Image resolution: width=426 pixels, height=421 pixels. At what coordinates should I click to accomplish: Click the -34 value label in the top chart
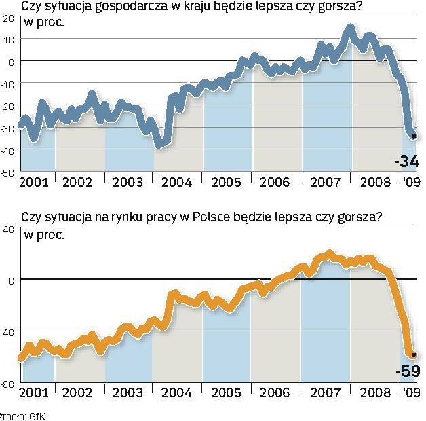(x=406, y=162)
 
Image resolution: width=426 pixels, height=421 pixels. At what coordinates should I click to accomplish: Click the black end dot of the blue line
(x=414, y=136)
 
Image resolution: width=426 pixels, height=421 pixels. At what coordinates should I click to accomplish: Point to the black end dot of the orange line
(x=414, y=354)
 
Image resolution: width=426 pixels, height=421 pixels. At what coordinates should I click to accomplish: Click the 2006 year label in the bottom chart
(x=275, y=392)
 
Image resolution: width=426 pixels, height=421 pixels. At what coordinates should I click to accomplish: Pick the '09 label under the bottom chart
(x=412, y=392)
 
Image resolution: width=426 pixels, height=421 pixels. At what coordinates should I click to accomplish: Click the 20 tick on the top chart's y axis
(x=9, y=18)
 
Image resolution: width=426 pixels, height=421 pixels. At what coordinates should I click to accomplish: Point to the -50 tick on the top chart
(x=9, y=172)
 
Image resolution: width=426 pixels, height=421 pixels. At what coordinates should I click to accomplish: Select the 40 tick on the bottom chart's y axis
(x=9, y=230)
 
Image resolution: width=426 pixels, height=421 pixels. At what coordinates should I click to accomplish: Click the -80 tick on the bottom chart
(x=9, y=384)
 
